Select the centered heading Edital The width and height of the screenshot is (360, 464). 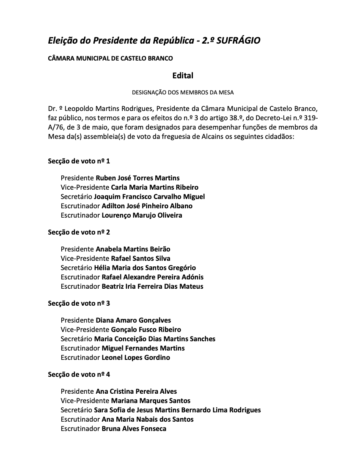pyautogui.click(x=183, y=76)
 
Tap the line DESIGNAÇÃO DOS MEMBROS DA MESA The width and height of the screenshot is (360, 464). pyautogui.click(x=183, y=92)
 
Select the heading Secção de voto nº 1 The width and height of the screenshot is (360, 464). pyautogui.click(x=79, y=161)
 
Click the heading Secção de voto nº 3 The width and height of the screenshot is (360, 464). pyautogui.click(x=79, y=304)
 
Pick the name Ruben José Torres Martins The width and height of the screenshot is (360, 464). pyautogui.click(x=137, y=178)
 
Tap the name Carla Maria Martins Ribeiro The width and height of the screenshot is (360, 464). pyautogui.click(x=154, y=188)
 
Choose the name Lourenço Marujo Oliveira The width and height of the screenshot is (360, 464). pyautogui.click(x=142, y=215)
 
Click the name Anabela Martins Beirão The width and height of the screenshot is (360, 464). pyautogui.click(x=133, y=249)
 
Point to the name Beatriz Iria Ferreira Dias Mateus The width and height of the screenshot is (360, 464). pyautogui.click(x=152, y=287)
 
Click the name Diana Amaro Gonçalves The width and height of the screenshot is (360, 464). pyautogui.click(x=133, y=320)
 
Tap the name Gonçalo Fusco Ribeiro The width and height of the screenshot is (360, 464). pyautogui.click(x=146, y=330)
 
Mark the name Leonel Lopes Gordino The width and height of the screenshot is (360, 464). pyautogui.click(x=136, y=358)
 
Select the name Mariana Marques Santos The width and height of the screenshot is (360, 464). pyautogui.click(x=151, y=401)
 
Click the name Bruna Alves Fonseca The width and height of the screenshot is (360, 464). pyautogui.click(x=134, y=429)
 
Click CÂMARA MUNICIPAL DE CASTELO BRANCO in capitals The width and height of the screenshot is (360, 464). pyautogui.click(x=110, y=58)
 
